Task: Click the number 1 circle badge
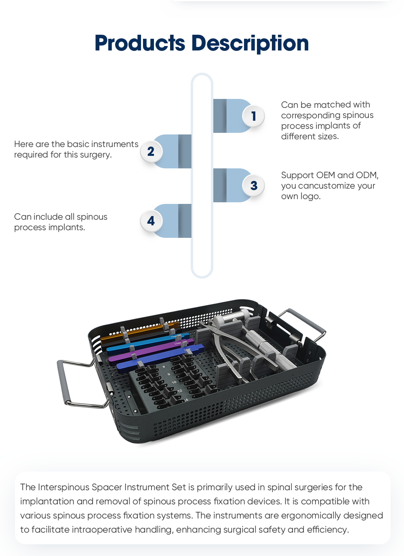(x=253, y=116)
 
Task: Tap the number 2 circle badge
(x=151, y=151)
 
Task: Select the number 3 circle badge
(x=253, y=185)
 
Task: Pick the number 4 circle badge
(x=151, y=221)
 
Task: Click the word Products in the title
(x=140, y=43)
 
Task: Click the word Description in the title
(x=250, y=43)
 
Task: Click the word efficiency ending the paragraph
(x=328, y=530)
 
